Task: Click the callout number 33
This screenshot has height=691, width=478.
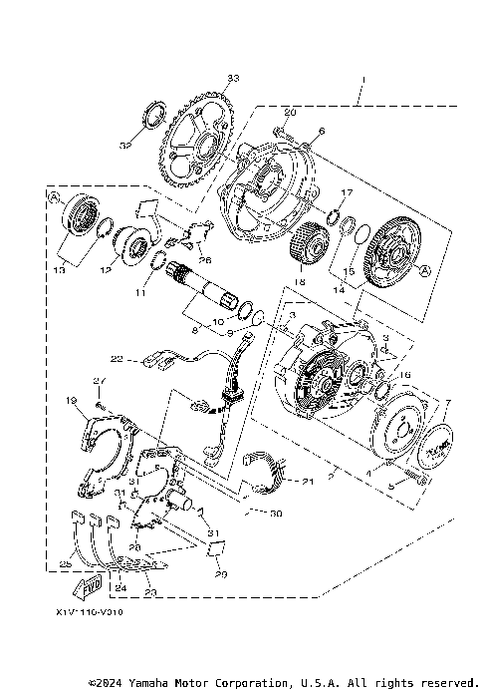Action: [233, 78]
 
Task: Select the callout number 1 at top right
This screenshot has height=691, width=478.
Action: [363, 79]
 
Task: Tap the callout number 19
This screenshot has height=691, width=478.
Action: [71, 400]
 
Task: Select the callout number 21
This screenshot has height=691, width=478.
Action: [308, 482]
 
